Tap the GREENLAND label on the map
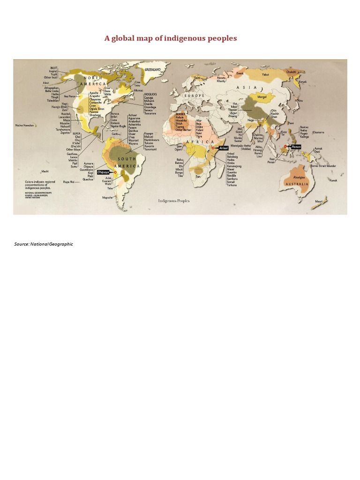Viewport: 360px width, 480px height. point(153,69)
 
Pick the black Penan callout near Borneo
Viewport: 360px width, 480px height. point(296,147)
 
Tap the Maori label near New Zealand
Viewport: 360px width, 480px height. point(319,202)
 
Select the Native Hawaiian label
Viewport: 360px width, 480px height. point(25,125)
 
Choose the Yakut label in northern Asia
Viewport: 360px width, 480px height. point(266,75)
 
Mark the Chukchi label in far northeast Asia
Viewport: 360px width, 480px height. point(292,72)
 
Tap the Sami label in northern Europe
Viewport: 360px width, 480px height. point(197,78)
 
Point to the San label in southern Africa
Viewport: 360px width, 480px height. point(198,176)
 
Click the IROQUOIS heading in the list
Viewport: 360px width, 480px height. point(150,94)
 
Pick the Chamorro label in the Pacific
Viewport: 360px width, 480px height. point(318,132)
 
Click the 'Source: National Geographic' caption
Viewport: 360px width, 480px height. point(44,244)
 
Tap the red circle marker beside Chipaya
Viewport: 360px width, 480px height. point(115,172)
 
